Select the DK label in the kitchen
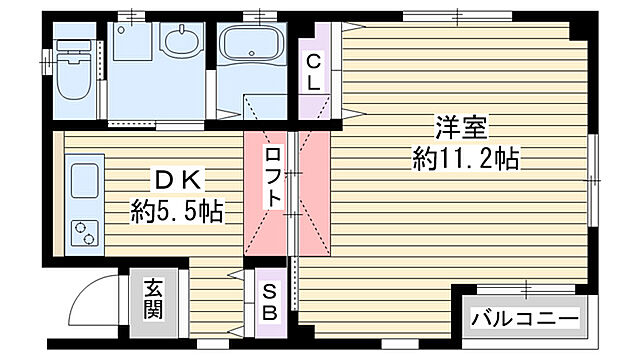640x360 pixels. (177, 181)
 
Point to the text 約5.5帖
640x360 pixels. (177, 211)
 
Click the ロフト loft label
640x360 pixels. (274, 178)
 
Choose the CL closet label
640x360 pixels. (313, 70)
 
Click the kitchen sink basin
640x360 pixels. (84, 181)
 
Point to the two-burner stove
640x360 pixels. (84, 233)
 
